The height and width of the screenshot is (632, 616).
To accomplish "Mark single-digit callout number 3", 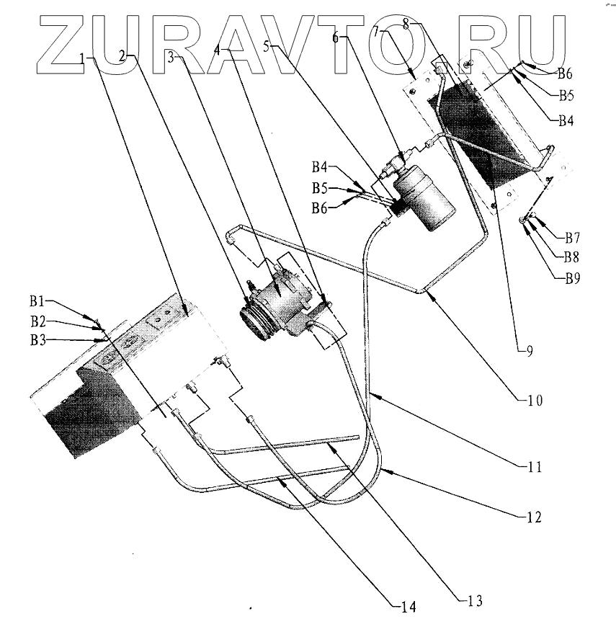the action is tap(171, 59).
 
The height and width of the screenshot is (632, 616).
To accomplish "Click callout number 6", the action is tap(336, 40).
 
